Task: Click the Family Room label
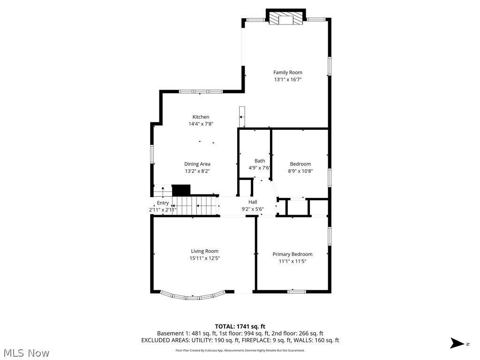[288, 72]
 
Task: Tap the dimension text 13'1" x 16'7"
[288, 80]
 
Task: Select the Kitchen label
[201, 117]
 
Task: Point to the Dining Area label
[197, 164]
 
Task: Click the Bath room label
[259, 161]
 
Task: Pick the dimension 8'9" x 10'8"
[300, 171]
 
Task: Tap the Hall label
[253, 202]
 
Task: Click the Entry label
[163, 203]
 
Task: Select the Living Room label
[204, 251]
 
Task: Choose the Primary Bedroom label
[292, 254]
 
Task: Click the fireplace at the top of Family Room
[286, 19]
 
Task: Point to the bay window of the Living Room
[193, 296]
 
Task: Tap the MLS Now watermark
[26, 352]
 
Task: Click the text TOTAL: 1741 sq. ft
[240, 326]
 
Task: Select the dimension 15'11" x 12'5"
[204, 258]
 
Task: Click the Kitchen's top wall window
[201, 91]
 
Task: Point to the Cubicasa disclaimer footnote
[240, 350]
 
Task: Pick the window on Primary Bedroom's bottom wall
[296, 292]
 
